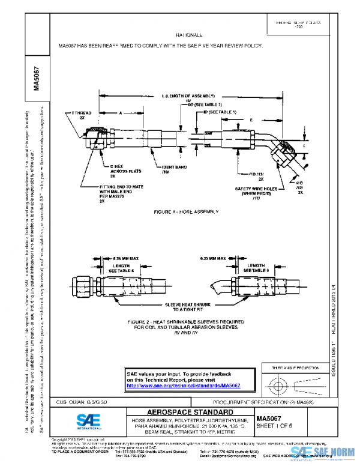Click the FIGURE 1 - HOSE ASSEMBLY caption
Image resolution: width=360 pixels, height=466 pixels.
click(x=186, y=212)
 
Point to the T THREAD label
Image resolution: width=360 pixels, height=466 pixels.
click(x=81, y=115)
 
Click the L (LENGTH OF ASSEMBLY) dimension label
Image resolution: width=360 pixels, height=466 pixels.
click(x=186, y=96)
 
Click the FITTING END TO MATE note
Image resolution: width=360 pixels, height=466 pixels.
click(x=119, y=194)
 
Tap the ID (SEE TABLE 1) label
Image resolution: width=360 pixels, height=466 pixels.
click(x=220, y=112)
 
